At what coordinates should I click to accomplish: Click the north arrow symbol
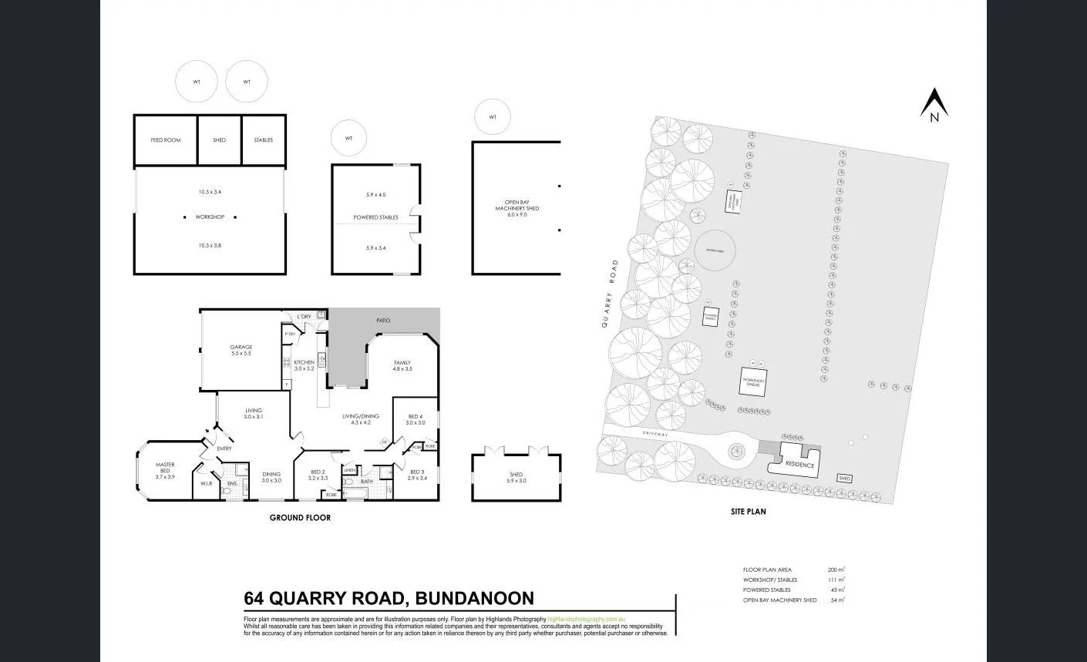tap(934, 105)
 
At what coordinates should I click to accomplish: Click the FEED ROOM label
tap(166, 140)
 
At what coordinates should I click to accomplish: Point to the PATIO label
tap(383, 320)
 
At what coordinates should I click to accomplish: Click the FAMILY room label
tap(402, 362)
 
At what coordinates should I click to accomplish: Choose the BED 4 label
tap(416, 416)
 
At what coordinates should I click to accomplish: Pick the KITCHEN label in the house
tap(304, 362)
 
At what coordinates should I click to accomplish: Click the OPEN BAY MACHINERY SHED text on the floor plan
tap(517, 205)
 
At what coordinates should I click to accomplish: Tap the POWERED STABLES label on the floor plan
tap(376, 217)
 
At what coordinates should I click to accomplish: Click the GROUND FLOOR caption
tap(300, 518)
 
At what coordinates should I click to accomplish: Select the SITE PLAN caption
tap(748, 511)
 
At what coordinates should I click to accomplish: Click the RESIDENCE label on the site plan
tap(799, 465)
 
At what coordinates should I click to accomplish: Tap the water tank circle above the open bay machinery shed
tap(493, 117)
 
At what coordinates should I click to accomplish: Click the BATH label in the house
tap(366, 482)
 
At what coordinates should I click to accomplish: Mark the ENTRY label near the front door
tap(224, 449)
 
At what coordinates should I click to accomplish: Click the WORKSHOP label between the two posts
tap(210, 217)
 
